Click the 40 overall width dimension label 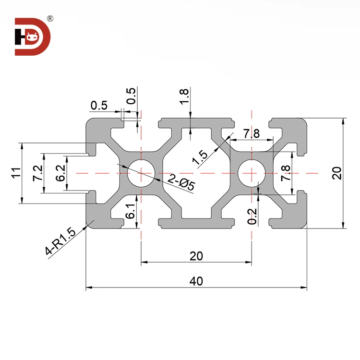196,281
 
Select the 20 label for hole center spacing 196,256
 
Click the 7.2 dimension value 37,173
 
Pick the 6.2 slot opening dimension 60,173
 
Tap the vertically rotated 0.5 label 131,96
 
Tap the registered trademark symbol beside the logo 49,19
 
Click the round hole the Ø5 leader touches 141,173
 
